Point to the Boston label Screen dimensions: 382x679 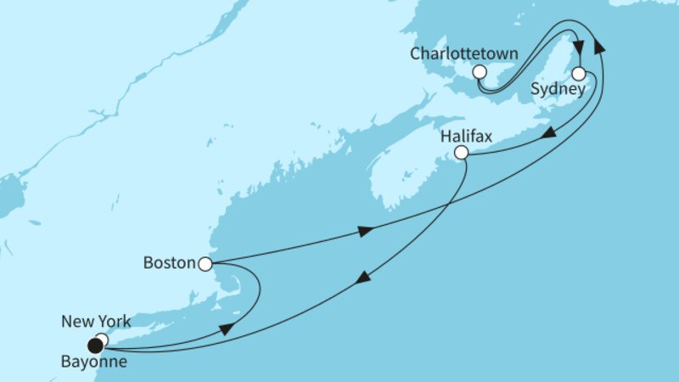tap(169, 264)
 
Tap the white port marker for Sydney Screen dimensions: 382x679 tap(579, 73)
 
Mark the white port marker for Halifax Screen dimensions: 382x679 tap(461, 153)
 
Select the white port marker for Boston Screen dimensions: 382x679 tap(205, 264)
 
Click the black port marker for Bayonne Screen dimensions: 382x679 tap(95, 345)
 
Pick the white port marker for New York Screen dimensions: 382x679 tap(102, 340)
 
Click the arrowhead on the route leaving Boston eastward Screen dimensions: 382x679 tap(364, 231)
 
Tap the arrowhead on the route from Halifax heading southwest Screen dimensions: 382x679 tap(363, 278)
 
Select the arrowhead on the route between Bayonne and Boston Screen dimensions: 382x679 tap(227, 329)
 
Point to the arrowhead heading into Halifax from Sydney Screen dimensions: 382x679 tap(550, 134)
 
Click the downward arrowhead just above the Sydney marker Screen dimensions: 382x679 tap(579, 48)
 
